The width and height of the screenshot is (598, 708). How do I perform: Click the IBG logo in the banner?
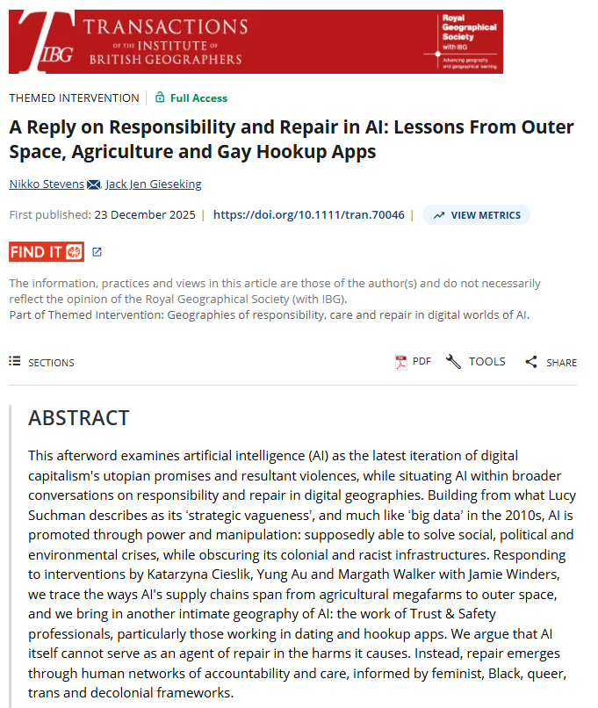click(44, 41)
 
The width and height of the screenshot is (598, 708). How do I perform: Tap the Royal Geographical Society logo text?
click(467, 33)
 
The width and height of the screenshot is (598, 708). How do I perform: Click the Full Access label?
click(198, 98)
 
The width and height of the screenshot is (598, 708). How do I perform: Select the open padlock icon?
click(160, 98)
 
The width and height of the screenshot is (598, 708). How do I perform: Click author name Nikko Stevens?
click(47, 184)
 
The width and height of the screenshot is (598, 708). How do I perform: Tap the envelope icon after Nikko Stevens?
click(93, 184)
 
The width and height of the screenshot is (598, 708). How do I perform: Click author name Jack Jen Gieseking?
click(155, 184)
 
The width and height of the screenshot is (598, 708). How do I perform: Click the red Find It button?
click(47, 252)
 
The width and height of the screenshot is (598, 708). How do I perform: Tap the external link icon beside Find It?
click(97, 252)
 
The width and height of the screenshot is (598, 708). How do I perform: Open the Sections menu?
click(42, 362)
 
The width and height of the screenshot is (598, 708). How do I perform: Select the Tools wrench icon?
click(453, 362)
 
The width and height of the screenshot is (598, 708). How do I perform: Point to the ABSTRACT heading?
click(79, 418)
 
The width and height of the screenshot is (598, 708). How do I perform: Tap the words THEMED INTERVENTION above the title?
click(75, 98)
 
